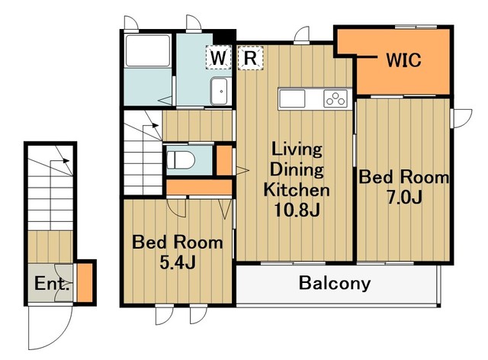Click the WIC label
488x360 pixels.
click(403, 59)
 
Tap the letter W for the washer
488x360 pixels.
click(218, 57)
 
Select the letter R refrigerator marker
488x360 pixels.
click(251, 57)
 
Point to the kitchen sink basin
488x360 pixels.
click(292, 98)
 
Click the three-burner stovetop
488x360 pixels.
click(335, 98)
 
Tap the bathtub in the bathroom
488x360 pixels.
click(148, 51)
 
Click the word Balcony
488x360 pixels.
click(335, 284)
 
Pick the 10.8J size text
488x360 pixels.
click(297, 211)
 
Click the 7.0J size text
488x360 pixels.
click(404, 197)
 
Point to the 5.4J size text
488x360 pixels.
click(178, 262)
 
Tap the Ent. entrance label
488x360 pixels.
click(52, 284)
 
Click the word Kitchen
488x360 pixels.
click(297, 190)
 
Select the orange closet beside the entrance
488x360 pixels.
click(85, 282)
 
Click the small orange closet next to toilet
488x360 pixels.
click(224, 160)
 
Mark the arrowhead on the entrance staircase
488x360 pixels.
click(66, 161)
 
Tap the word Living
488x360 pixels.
click(297, 149)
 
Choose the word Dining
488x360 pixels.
click(297, 170)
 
